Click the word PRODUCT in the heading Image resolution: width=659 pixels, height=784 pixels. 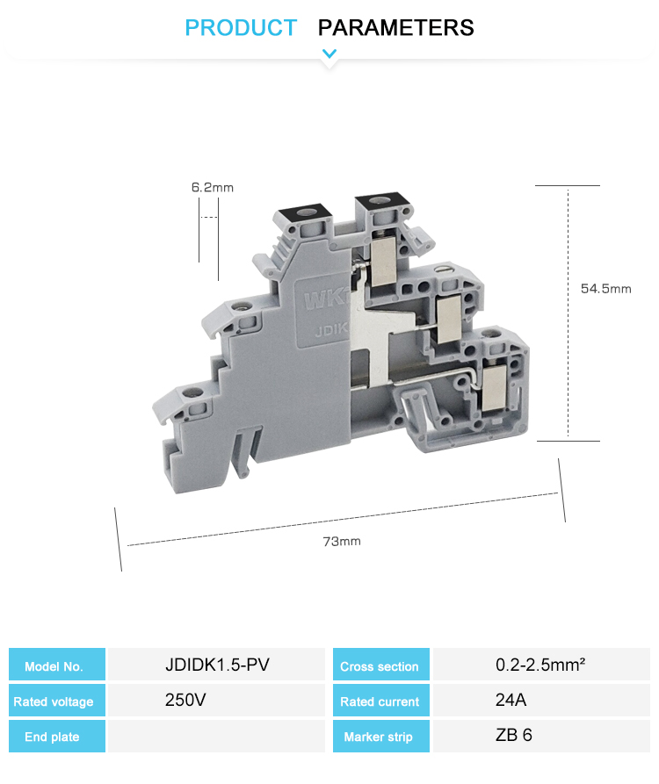point(241,27)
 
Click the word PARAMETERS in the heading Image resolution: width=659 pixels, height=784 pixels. point(395,27)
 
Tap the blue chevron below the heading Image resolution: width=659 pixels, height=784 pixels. point(329,53)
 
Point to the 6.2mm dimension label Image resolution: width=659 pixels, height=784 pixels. point(212,188)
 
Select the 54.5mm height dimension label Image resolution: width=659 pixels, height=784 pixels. point(606,289)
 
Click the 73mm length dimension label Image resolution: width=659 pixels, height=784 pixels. point(342,542)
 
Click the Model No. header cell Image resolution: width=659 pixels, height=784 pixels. point(57,665)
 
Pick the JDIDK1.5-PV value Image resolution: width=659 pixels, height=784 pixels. point(217,665)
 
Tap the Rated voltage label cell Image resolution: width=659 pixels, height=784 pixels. point(57,701)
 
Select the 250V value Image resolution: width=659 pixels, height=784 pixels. point(185,700)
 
